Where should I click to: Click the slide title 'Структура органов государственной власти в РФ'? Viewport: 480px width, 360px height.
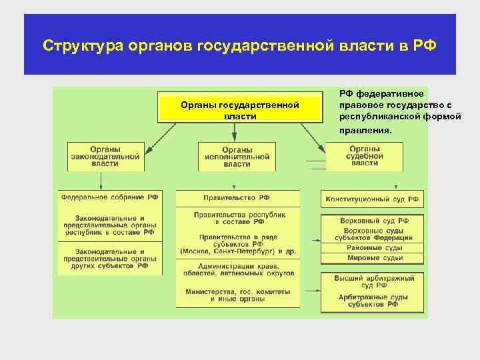tap(239, 46)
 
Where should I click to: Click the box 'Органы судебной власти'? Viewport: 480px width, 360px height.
tap(364, 156)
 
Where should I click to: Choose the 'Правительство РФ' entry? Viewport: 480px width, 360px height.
tap(237, 197)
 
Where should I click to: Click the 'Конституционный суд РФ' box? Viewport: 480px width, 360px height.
tap(373, 199)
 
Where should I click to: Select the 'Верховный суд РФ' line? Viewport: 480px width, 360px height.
tap(373, 220)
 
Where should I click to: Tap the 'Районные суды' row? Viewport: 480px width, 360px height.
tap(373, 247)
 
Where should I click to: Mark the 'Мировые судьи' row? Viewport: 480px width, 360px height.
tap(373, 257)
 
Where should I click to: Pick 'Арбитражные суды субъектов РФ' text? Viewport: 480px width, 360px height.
tap(373, 300)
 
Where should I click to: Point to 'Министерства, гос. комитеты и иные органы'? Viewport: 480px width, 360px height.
tap(237, 295)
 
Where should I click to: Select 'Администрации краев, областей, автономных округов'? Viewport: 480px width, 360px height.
tap(237, 269)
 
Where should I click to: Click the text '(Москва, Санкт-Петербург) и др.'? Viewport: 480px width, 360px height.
tap(237, 251)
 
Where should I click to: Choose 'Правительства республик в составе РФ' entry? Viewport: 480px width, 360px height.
tap(237, 219)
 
